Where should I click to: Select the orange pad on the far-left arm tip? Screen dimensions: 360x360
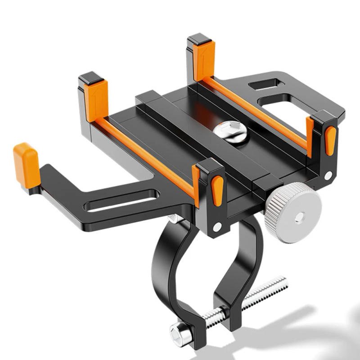pos(26,165)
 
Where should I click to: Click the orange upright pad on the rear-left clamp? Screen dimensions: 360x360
pos(96,100)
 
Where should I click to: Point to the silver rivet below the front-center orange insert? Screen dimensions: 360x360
pos(217,227)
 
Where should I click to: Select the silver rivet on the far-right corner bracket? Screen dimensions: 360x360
pos(328,175)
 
